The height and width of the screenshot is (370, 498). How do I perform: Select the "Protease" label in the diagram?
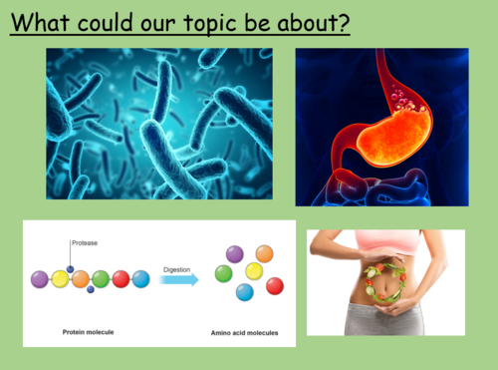pos(85,241)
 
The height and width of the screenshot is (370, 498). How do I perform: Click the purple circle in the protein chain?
pos(40,279)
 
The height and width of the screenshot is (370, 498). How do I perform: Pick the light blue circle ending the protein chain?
pos(140,279)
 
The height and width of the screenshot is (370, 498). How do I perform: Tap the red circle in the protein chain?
pos(121,279)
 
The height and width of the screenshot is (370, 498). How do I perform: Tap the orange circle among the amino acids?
pos(264,254)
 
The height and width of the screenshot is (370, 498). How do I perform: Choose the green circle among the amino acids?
pos(226,272)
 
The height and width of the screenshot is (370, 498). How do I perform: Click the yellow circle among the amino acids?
pos(254,272)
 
